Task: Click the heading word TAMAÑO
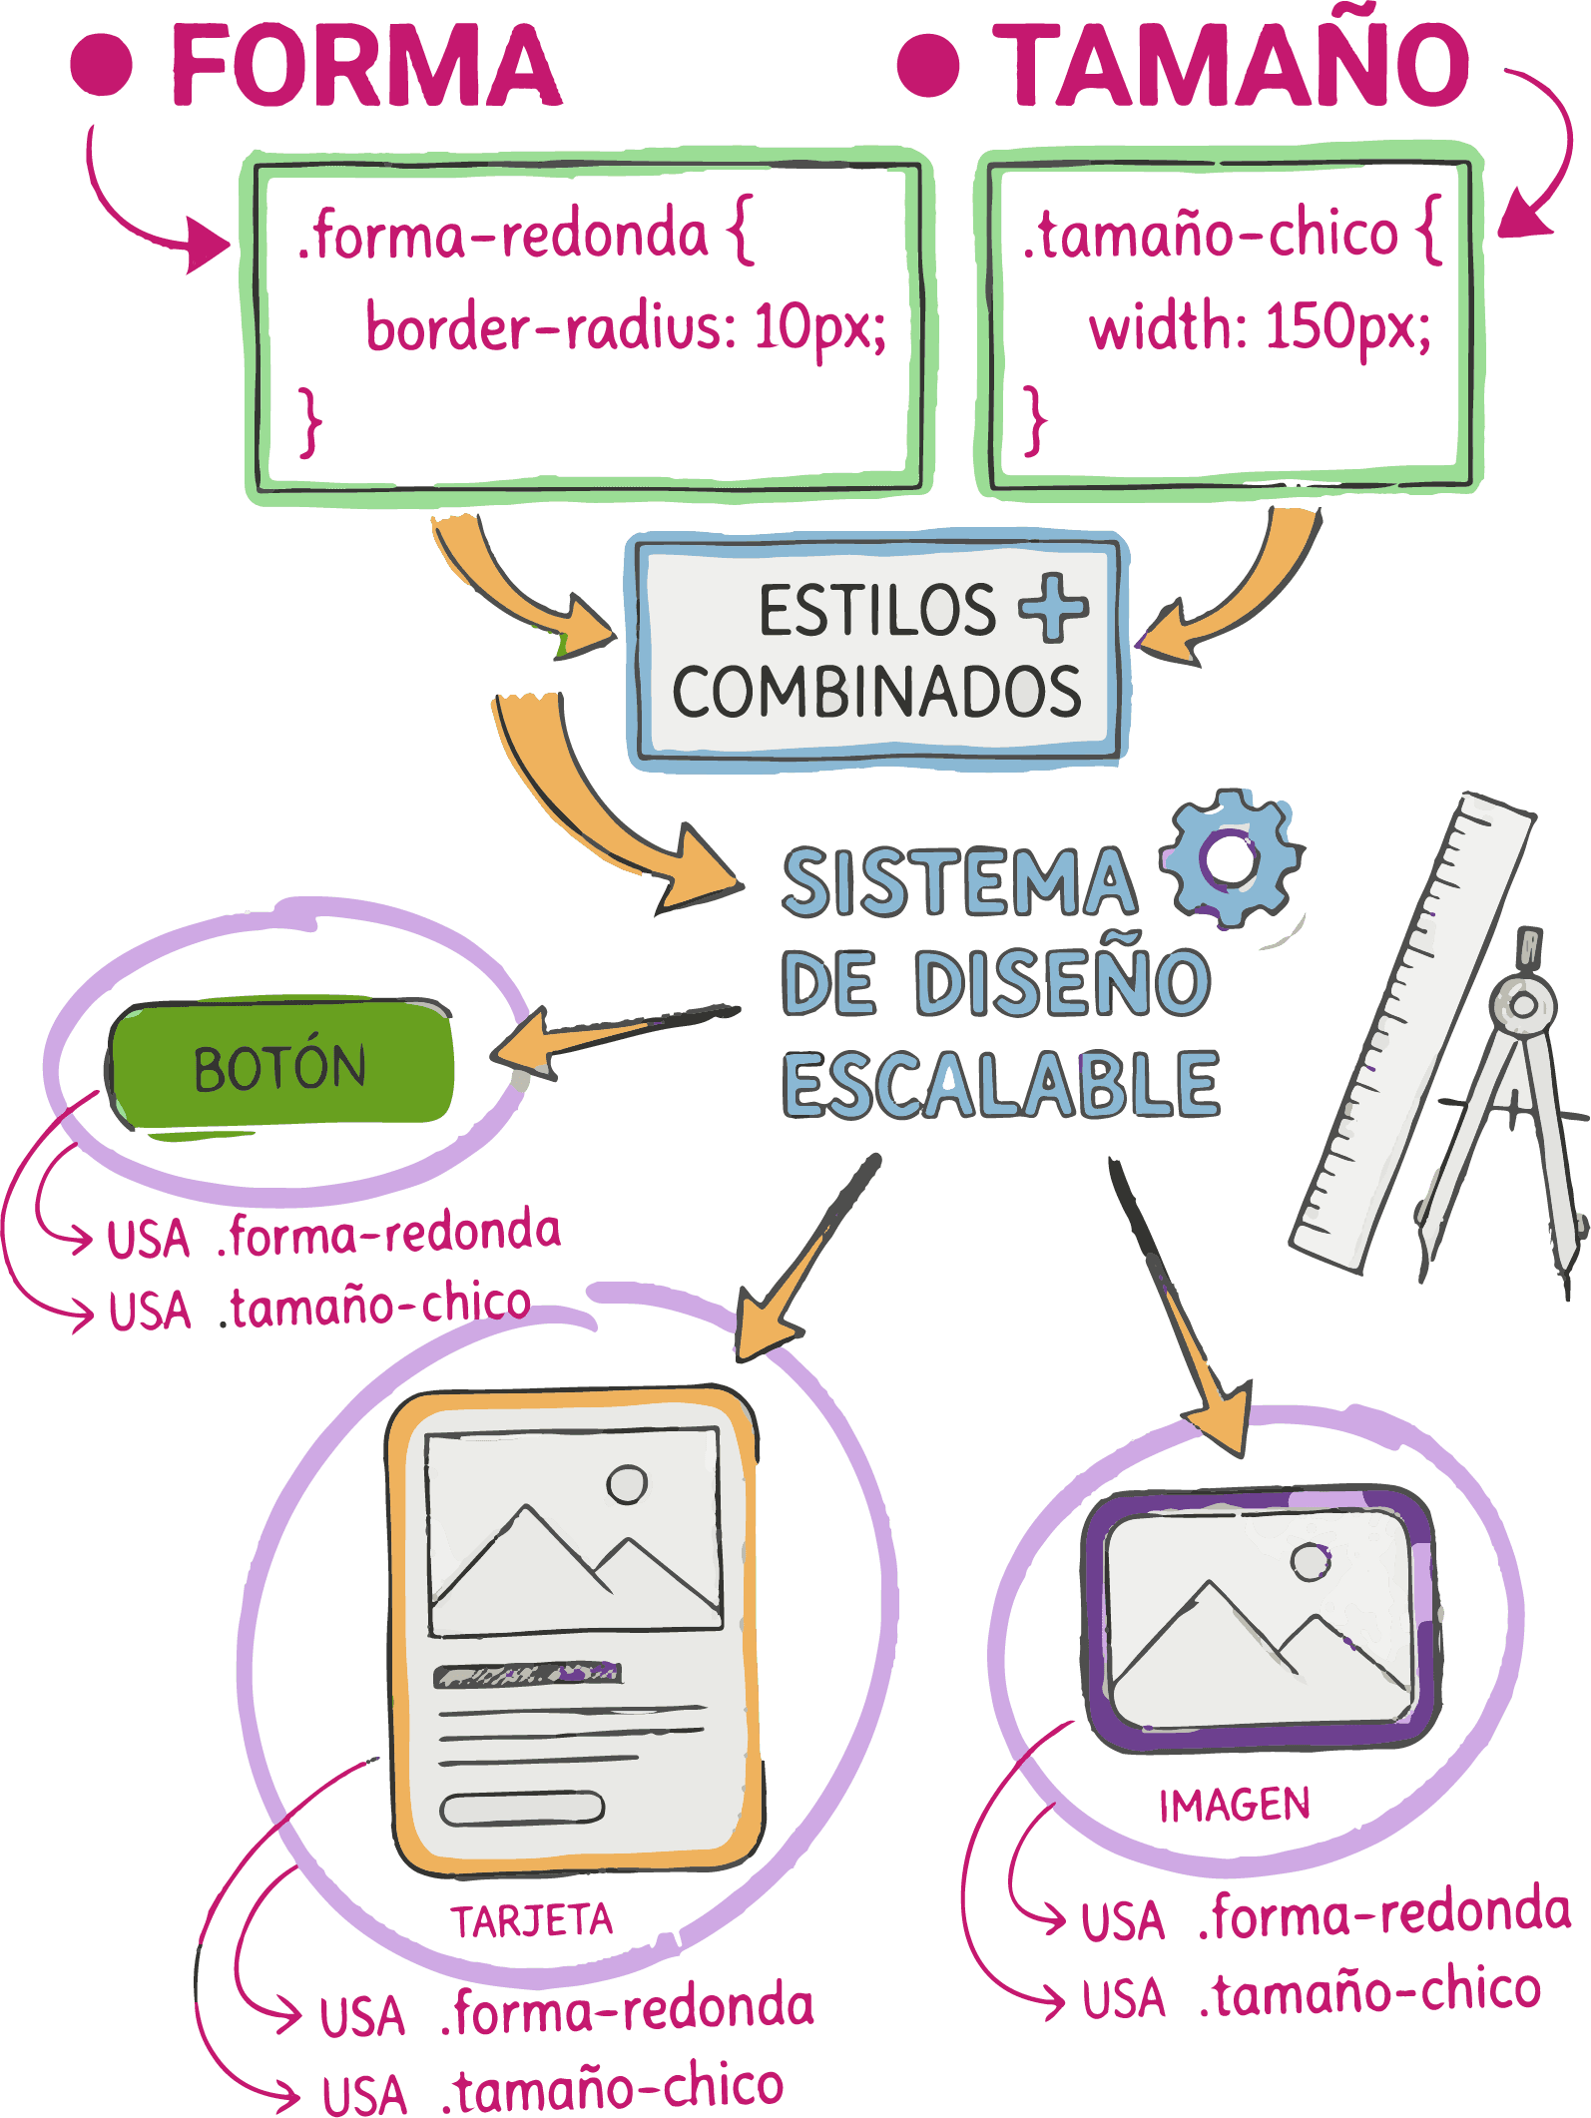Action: [x=1236, y=64]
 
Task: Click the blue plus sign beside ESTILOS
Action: [x=1054, y=607]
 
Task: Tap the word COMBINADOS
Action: [x=876, y=692]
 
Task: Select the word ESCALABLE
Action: [x=1000, y=1085]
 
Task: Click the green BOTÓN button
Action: [x=281, y=1066]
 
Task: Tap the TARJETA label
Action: [x=531, y=1920]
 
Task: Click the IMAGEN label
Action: [x=1234, y=1805]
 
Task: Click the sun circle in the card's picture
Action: [x=627, y=1484]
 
